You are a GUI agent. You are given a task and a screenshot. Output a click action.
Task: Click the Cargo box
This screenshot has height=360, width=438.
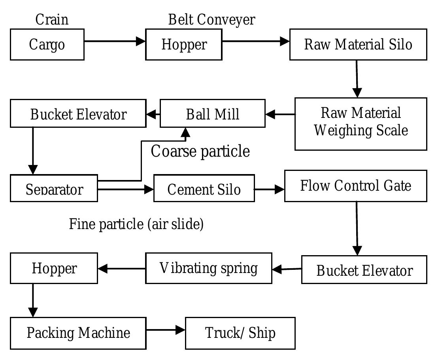click(47, 44)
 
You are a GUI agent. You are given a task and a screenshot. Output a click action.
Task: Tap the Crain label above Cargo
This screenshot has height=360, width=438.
click(52, 19)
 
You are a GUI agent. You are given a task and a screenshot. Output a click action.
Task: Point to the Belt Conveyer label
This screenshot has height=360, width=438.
click(211, 19)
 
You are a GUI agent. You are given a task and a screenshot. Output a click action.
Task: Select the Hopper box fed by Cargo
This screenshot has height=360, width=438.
click(183, 44)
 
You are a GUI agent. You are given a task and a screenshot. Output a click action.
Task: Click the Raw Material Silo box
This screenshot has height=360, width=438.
click(358, 44)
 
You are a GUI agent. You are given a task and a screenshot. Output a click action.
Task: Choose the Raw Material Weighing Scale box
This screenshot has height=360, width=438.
click(361, 124)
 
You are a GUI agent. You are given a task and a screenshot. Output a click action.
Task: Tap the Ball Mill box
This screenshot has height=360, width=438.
click(212, 114)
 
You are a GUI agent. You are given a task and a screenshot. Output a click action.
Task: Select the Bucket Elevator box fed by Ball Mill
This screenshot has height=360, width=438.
click(78, 114)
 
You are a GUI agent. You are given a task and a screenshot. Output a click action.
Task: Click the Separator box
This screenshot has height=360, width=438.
click(54, 188)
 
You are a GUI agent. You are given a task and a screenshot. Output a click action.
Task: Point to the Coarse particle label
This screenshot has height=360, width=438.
click(200, 151)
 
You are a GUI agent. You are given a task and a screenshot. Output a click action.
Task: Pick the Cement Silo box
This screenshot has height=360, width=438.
click(204, 188)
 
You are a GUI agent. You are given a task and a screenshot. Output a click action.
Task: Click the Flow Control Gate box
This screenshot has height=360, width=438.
click(355, 186)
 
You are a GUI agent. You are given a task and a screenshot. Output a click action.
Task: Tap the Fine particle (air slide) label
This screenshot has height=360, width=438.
click(136, 224)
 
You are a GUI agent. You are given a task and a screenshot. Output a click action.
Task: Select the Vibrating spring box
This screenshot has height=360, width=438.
click(209, 268)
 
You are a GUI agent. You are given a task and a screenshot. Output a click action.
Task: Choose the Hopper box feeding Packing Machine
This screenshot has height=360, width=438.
click(54, 268)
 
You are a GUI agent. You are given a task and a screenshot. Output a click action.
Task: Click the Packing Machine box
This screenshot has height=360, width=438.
click(78, 333)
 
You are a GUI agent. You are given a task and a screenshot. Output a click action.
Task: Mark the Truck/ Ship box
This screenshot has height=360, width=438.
click(240, 333)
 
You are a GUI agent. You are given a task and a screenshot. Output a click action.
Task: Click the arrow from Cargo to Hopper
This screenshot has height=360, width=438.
click(115, 41)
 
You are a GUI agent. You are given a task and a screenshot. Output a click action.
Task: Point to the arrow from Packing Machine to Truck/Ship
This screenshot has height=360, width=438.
click(166, 330)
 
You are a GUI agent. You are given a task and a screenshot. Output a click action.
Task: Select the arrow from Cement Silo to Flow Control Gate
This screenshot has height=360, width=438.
click(269, 189)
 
